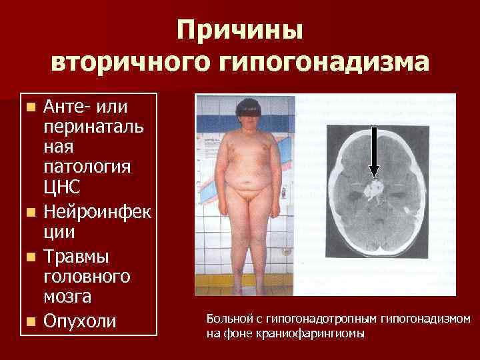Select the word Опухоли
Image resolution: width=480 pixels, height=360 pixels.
[79, 321]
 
